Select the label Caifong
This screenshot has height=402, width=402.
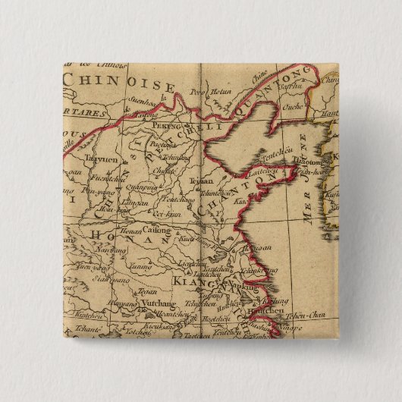click(157, 228)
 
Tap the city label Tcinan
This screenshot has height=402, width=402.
click(201, 181)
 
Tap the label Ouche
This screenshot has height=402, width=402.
click(292, 108)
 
